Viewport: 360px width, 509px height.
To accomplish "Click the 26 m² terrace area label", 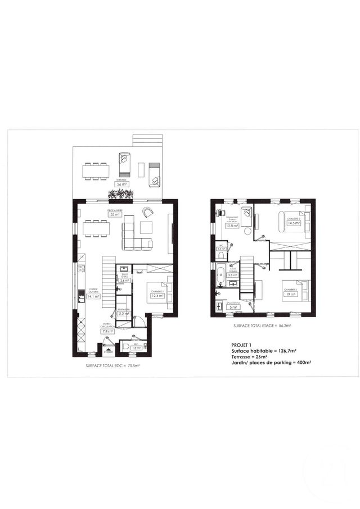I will tap(121, 184).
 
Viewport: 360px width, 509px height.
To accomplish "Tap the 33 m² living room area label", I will tap(115, 214).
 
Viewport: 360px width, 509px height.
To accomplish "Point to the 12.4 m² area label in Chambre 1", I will tap(157, 295).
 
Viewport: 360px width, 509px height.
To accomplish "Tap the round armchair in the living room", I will tap(148, 212).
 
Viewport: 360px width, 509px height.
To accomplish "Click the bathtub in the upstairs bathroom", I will tap(221, 277).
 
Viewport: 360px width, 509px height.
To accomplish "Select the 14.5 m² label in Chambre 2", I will tap(294, 223).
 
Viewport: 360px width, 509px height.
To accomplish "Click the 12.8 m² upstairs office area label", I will tap(231, 226).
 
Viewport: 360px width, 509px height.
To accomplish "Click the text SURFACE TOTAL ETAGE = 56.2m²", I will tap(260, 326).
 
